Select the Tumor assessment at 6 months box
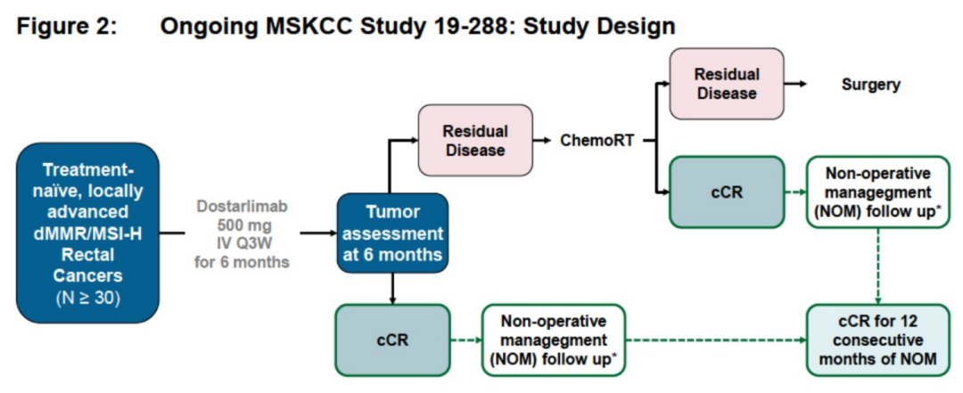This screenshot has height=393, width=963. [391, 233]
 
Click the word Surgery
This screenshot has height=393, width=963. [870, 85]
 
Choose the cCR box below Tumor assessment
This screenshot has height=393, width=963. [391, 340]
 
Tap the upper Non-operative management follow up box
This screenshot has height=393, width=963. [877, 192]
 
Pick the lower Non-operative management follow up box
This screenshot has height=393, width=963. [553, 340]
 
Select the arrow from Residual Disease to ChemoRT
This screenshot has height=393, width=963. [542, 140]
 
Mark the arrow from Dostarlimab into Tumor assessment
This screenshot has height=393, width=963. [317, 233]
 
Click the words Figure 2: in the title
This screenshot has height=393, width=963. [66, 27]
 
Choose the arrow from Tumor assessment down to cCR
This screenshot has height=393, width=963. [391, 287]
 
